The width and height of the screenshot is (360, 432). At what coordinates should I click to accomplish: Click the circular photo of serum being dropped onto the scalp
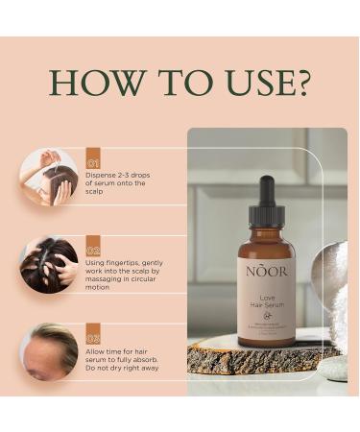48,176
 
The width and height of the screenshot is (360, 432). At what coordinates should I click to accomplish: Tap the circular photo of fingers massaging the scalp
48,263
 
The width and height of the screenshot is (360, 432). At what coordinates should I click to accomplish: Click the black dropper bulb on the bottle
266,188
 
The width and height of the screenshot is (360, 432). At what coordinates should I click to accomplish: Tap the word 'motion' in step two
100,288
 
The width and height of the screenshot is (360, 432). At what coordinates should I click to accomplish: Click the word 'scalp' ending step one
98,192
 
